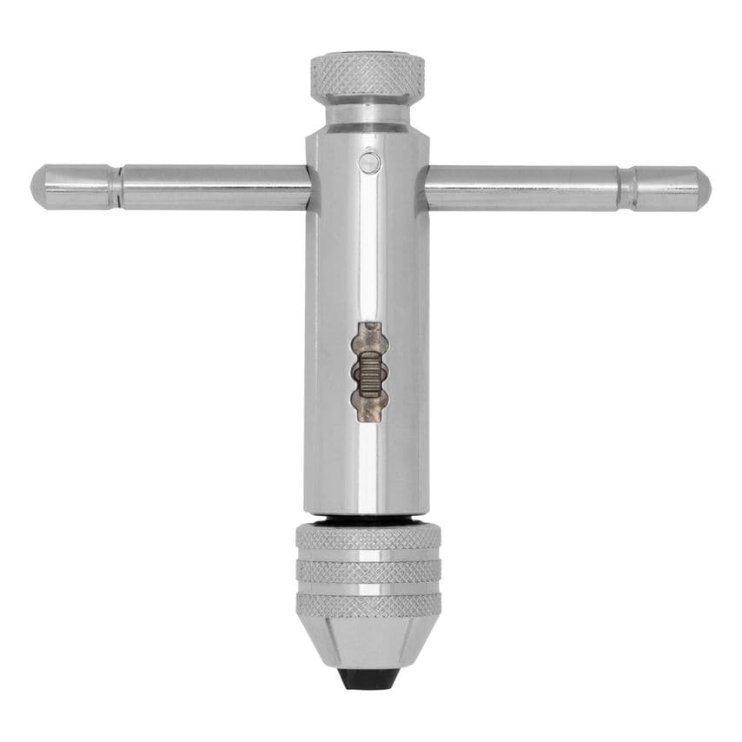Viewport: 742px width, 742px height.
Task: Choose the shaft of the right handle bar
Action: (521, 187)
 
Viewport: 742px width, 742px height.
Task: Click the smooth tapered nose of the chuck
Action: (368, 639)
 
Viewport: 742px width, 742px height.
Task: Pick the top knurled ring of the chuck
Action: (368, 538)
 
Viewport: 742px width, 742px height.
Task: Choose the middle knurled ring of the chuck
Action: (368, 571)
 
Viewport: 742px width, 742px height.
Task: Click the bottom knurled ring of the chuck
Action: (368, 603)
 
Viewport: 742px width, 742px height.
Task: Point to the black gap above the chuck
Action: (368, 520)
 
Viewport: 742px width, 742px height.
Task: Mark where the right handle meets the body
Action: (427, 187)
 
